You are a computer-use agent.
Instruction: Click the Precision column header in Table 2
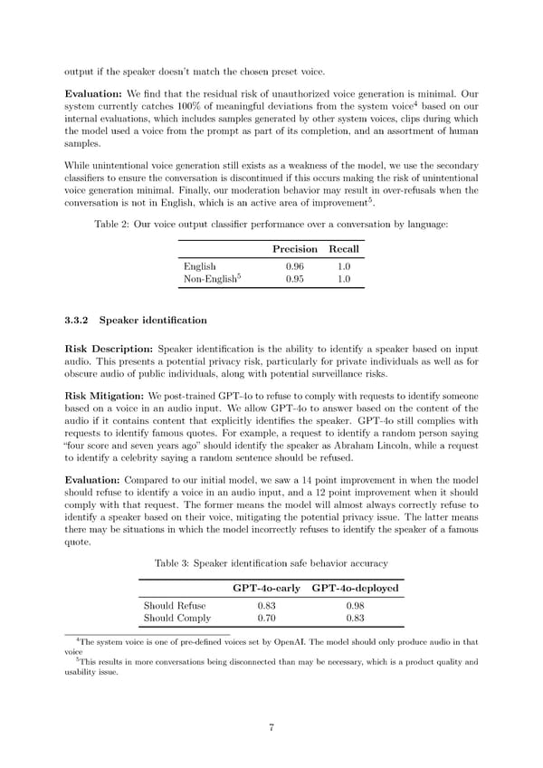(x=295, y=248)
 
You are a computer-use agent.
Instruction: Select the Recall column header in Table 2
(x=344, y=248)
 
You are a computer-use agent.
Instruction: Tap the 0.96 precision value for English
(x=295, y=266)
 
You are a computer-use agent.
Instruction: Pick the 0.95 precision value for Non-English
(x=295, y=280)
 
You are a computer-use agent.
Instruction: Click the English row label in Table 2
(x=199, y=266)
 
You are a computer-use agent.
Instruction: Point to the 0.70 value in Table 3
(x=266, y=619)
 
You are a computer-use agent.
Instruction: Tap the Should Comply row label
(x=177, y=619)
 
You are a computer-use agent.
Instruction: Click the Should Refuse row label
(x=175, y=605)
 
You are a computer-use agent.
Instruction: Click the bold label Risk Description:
(x=109, y=350)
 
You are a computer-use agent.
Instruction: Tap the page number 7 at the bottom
(x=271, y=728)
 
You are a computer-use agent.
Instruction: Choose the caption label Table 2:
(x=112, y=225)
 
